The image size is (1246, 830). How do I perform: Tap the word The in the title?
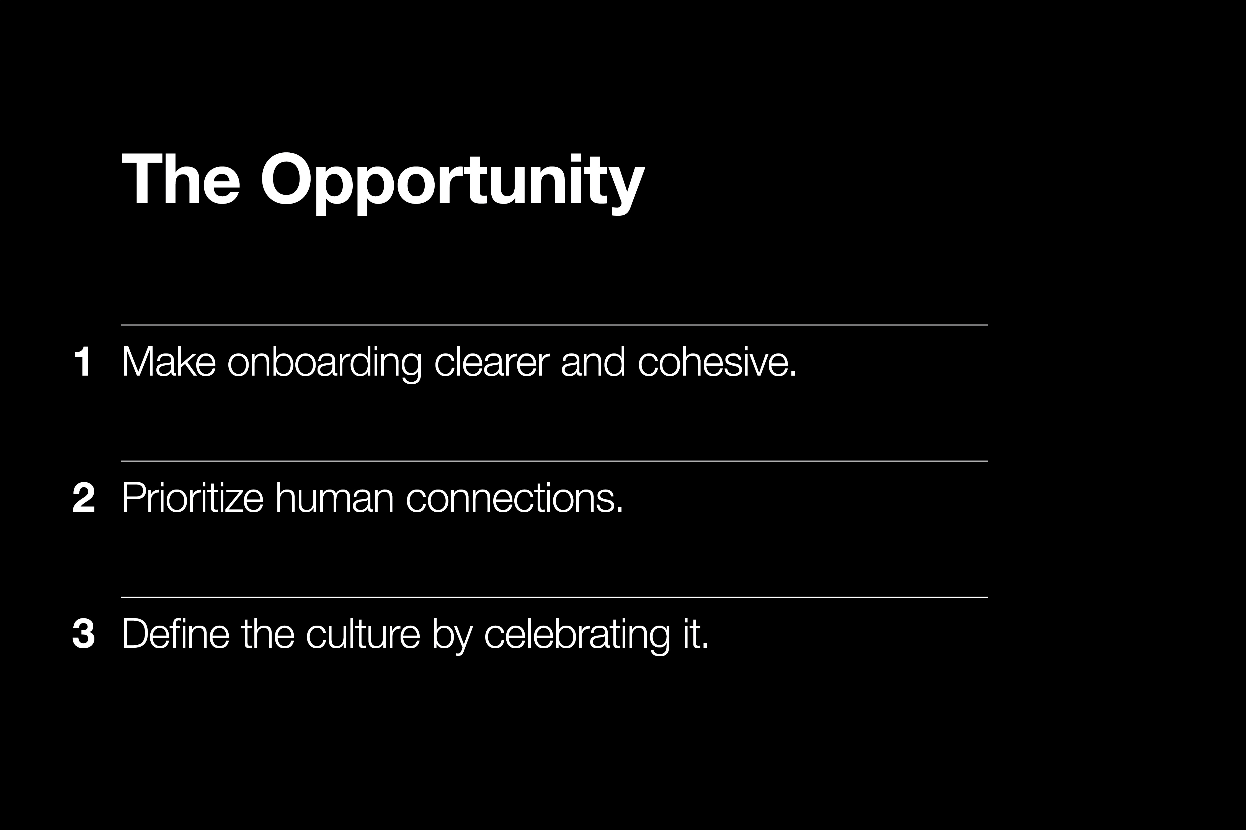coord(181,179)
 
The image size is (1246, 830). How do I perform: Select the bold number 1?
coord(83,362)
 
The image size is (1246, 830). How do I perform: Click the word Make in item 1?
coord(169,362)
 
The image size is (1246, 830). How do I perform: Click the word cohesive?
coord(717,362)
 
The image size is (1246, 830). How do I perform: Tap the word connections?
coord(514,498)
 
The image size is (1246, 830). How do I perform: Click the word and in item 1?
coord(593,362)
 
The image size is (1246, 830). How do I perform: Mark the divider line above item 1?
coord(554,325)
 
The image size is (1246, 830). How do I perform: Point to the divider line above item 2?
coord(554,461)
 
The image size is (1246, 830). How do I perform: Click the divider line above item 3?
coord(554,597)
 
